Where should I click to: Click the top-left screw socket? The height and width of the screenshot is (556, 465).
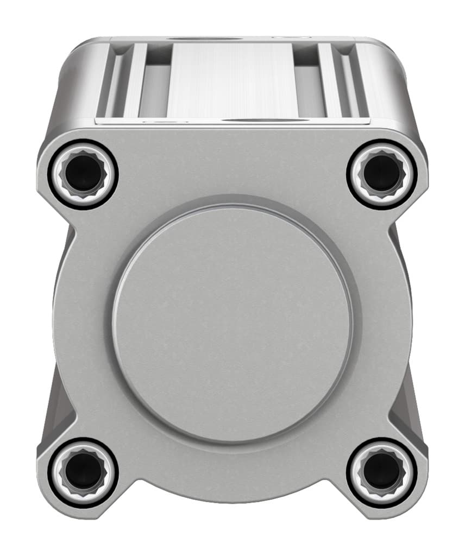[83, 174]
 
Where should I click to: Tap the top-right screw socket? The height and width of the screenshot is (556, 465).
[382, 174]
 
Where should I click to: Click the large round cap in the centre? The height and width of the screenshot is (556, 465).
[232, 323]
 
